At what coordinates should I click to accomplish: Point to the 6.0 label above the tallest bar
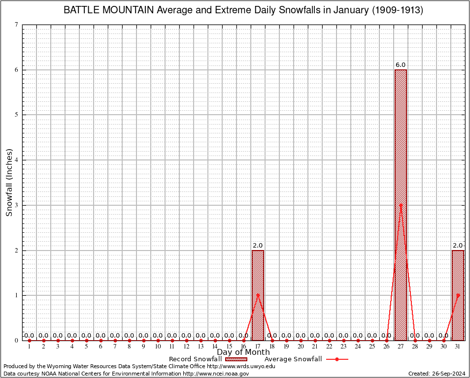point(401,65)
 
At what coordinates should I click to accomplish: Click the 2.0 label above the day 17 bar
point(258,246)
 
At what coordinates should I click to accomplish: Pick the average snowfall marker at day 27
point(401,205)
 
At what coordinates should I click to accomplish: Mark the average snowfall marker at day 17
point(258,295)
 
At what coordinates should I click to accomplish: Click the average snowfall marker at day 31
point(458,295)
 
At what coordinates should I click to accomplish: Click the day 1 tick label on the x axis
point(29,346)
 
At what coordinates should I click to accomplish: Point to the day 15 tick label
point(229,346)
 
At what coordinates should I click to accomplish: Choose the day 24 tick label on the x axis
point(358,346)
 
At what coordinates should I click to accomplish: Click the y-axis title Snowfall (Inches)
point(9,182)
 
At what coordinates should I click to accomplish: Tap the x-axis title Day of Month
point(243,352)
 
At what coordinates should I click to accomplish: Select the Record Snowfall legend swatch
point(236,359)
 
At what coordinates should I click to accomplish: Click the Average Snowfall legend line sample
point(337,359)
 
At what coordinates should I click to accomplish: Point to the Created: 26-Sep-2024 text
point(436,374)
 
